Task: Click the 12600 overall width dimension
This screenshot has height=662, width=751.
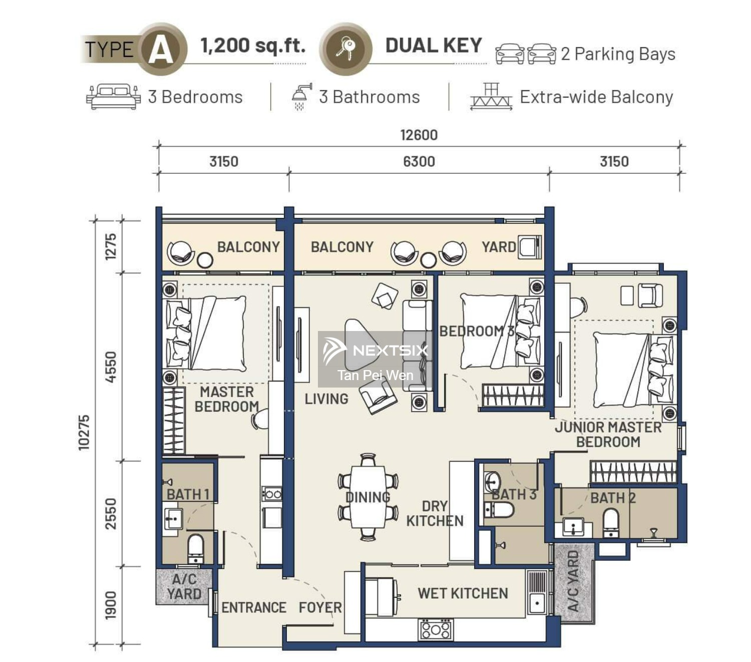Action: (x=419, y=135)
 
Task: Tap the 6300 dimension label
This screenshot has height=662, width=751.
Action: (x=419, y=162)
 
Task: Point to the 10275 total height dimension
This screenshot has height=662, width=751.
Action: (x=84, y=432)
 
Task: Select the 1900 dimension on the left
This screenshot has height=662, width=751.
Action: (x=111, y=605)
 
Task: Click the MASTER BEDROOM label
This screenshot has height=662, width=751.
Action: (x=226, y=399)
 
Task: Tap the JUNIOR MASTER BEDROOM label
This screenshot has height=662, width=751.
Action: (x=608, y=434)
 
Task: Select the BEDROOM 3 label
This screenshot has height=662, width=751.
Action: (x=476, y=331)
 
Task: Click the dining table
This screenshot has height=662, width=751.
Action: (x=368, y=497)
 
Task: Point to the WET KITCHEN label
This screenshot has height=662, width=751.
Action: (x=463, y=593)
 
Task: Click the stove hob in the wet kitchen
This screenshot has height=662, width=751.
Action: (x=435, y=629)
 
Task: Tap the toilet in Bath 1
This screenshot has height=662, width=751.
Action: (x=195, y=548)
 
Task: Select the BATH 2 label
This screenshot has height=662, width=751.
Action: (x=612, y=498)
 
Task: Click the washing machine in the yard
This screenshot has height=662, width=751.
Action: (x=530, y=247)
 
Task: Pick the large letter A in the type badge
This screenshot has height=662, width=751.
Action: (x=160, y=50)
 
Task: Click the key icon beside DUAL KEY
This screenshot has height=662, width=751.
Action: (x=345, y=49)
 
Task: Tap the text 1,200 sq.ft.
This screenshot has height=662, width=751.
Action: (x=253, y=46)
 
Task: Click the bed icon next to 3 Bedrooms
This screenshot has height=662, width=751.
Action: (x=113, y=97)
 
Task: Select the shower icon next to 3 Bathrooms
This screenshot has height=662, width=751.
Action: (x=301, y=96)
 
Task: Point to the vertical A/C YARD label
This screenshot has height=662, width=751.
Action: (x=574, y=581)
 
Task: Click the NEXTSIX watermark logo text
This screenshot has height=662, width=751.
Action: (x=390, y=350)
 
